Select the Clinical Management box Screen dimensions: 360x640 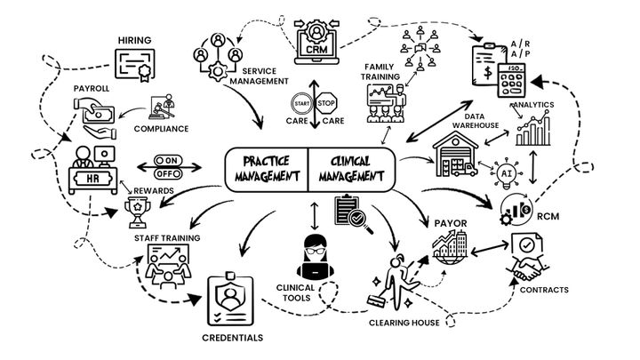pos(349,168)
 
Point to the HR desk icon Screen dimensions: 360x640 pos(92,164)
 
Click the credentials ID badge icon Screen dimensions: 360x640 pos(231,300)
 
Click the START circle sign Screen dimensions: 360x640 pos(296,102)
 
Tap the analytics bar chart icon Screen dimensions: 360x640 pos(535,128)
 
